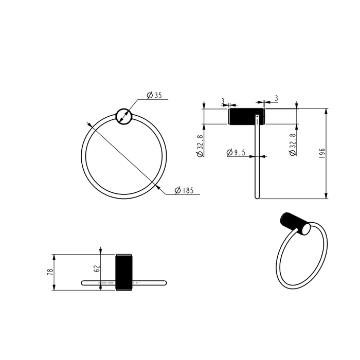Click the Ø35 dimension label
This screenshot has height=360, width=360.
point(154,95)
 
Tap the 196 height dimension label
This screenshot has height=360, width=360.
point(322,153)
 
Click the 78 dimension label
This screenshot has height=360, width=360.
point(50,272)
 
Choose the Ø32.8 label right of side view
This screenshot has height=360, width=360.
point(292,146)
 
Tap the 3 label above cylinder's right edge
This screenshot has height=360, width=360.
point(277,98)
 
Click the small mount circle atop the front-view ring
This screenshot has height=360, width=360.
point(124,117)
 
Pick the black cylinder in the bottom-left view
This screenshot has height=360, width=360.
point(124,272)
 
